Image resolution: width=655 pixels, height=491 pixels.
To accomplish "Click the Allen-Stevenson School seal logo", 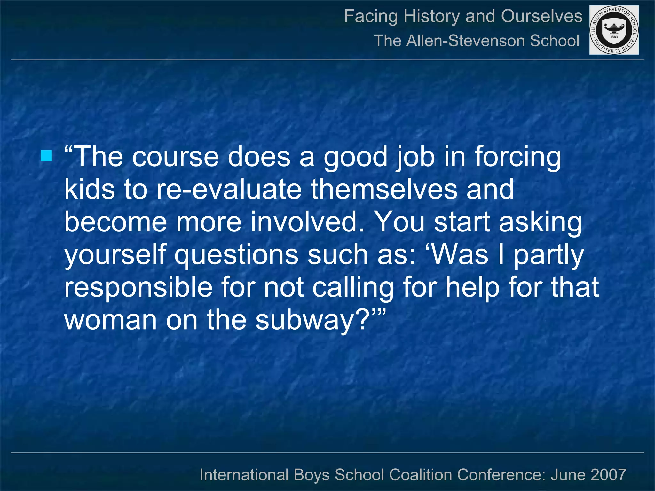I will click(x=614, y=30).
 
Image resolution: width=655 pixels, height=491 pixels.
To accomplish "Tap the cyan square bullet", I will click(x=46, y=156).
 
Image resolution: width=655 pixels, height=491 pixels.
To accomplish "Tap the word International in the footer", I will click(x=244, y=475).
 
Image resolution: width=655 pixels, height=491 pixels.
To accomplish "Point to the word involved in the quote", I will click(x=307, y=222).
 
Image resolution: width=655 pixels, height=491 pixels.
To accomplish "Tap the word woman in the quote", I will click(x=110, y=320).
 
